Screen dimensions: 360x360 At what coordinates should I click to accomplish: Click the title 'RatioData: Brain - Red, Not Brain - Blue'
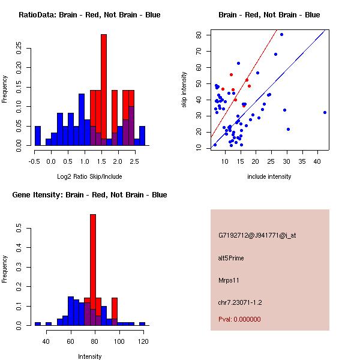pos(89,14)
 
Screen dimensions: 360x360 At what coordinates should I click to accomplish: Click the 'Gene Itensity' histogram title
pos(89,195)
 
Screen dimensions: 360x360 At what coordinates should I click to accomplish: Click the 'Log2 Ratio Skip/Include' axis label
pos(89,176)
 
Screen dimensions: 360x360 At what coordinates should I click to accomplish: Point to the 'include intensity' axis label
pos(269,176)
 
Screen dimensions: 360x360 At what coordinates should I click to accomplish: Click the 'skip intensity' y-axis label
pos(184,90)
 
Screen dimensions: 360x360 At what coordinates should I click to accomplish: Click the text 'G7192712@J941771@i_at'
pos(257,235)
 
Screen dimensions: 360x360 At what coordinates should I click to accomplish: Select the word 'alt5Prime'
pos(232,259)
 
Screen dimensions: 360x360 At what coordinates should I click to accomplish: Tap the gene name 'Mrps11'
pos(229,280)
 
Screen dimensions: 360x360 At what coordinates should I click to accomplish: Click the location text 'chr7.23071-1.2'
pos(240,302)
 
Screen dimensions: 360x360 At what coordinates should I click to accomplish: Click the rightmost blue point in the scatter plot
pos(325,112)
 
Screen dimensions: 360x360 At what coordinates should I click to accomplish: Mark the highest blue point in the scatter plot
pos(281,34)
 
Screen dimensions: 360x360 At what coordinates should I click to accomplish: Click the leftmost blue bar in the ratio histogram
pos(38,136)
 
